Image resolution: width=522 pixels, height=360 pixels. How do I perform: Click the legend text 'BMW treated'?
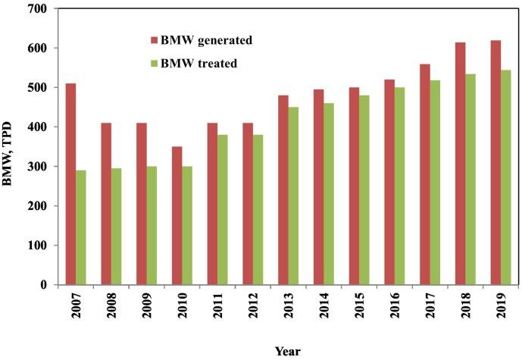pos(199,64)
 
